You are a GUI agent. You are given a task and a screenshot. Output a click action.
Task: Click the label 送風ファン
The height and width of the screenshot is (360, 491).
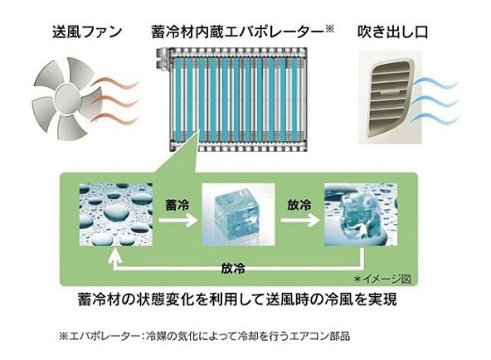point(87,32)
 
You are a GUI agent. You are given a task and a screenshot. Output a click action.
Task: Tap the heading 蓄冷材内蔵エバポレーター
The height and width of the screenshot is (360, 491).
point(237,32)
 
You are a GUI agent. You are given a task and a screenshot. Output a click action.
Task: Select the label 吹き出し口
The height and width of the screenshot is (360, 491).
point(392,32)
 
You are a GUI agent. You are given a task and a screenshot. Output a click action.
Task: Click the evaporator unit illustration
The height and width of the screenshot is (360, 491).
point(231,100)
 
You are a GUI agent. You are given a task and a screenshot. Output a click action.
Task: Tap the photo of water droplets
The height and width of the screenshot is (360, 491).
point(116,215)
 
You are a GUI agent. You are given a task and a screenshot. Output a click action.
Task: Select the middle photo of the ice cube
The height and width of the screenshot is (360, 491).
point(238,215)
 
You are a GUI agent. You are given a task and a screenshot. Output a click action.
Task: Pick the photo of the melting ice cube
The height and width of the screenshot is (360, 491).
point(361,215)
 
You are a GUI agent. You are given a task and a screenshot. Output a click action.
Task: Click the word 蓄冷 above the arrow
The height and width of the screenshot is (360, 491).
point(177,205)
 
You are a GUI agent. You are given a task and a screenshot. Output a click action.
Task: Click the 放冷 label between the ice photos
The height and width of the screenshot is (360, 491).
point(299,205)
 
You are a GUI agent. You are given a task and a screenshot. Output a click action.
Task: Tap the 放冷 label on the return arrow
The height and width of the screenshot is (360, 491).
point(233,268)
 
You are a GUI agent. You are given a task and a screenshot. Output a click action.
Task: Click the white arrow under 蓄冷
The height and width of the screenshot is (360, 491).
point(177,221)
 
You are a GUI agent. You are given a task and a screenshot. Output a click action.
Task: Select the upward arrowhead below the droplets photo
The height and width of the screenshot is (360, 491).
point(115,255)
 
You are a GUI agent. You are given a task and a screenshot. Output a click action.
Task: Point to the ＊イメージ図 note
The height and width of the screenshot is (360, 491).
point(382,279)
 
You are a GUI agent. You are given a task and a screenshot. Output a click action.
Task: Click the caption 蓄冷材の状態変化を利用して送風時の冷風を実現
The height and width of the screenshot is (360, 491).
point(237,299)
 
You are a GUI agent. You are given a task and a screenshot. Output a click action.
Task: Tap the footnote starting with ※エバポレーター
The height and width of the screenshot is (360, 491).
point(205,336)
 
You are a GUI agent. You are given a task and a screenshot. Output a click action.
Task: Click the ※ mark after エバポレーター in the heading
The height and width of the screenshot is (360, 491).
point(329,29)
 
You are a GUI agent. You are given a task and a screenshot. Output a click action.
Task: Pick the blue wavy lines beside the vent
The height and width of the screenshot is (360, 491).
point(435,100)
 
